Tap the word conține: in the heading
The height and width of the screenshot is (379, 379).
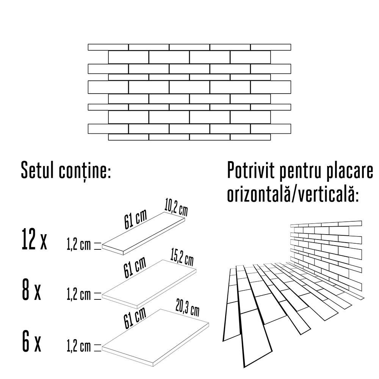[85, 171]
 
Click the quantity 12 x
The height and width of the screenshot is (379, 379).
[34, 239]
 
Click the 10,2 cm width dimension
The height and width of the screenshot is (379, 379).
[176, 207]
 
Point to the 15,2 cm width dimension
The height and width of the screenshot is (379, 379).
[182, 257]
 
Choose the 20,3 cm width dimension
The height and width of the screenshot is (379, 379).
[188, 308]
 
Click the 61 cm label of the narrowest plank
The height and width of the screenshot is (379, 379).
[135, 219]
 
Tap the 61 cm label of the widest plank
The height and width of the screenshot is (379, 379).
[135, 318]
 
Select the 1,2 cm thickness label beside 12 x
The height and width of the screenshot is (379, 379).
[79, 245]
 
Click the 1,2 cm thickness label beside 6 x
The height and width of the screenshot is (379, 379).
[79, 346]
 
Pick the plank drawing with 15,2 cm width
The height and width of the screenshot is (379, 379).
[149, 284]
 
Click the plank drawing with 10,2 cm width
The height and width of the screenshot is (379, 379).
[143, 233]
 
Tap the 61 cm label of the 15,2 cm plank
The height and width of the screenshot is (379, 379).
[135, 267]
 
